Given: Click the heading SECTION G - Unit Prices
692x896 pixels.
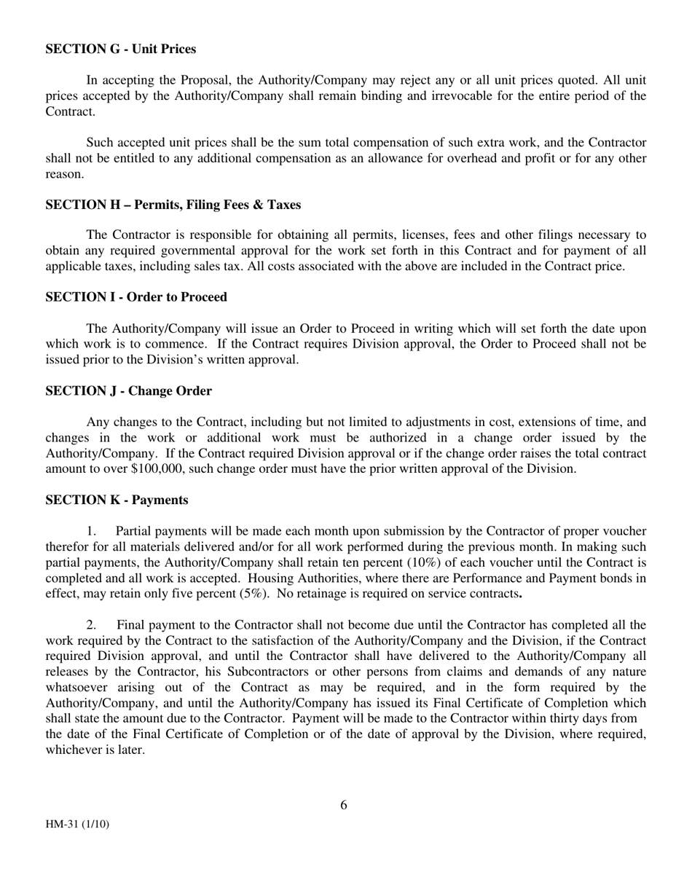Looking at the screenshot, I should click(120, 50).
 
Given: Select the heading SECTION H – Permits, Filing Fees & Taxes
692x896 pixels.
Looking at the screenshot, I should click(173, 205).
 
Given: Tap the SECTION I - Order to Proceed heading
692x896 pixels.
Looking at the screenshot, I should click(136, 297).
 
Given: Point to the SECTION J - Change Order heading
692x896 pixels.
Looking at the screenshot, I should click(128, 391).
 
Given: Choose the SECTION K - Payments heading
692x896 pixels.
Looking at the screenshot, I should click(117, 500).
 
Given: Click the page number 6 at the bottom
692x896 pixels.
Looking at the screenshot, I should click(344, 805).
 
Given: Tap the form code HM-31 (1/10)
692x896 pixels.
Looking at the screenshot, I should click(77, 825).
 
